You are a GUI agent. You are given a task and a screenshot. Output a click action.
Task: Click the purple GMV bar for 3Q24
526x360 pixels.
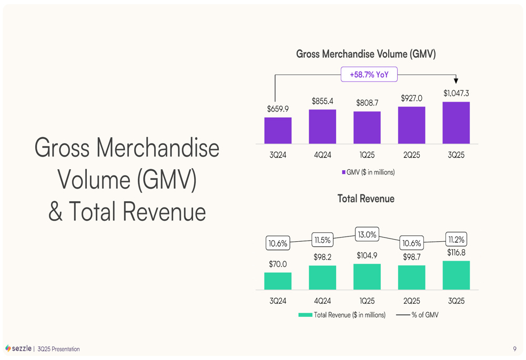coord(278,130)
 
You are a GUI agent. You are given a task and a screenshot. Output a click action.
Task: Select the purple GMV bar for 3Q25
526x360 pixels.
coord(456,122)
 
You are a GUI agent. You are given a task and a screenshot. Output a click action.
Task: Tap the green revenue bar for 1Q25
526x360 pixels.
coord(367,276)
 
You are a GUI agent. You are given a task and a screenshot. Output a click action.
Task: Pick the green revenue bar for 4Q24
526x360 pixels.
coord(322,277)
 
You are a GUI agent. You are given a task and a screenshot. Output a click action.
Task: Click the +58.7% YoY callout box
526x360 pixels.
coord(369,75)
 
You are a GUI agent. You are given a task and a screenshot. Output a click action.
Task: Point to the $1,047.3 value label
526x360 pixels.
coord(456,93)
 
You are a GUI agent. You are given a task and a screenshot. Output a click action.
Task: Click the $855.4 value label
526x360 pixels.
coord(322,101)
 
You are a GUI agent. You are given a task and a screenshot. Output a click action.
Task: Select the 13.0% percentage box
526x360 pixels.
coord(367,235)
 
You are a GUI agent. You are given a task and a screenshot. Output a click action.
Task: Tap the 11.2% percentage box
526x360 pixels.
coord(456,240)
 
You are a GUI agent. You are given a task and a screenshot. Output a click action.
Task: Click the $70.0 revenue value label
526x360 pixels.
coord(278,264)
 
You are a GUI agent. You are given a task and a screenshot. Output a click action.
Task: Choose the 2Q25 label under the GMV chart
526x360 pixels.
coord(411,156)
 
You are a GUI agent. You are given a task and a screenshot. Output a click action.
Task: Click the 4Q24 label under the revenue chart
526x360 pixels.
coord(322,301)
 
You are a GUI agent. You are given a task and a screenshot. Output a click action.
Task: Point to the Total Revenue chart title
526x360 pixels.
coord(366,199)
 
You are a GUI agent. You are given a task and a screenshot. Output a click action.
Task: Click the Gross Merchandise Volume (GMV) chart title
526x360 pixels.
coord(366,54)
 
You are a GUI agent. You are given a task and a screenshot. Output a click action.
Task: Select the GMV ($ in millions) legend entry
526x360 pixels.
coord(368,172)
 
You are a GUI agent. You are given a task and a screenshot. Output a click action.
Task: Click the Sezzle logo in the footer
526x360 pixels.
coord(18,348)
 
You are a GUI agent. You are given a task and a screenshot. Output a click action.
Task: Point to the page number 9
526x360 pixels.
coord(514,348)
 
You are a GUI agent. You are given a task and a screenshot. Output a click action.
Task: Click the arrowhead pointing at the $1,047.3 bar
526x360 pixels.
coord(456,80)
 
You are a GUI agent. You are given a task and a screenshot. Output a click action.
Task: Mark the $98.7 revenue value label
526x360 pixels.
coord(411,256)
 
